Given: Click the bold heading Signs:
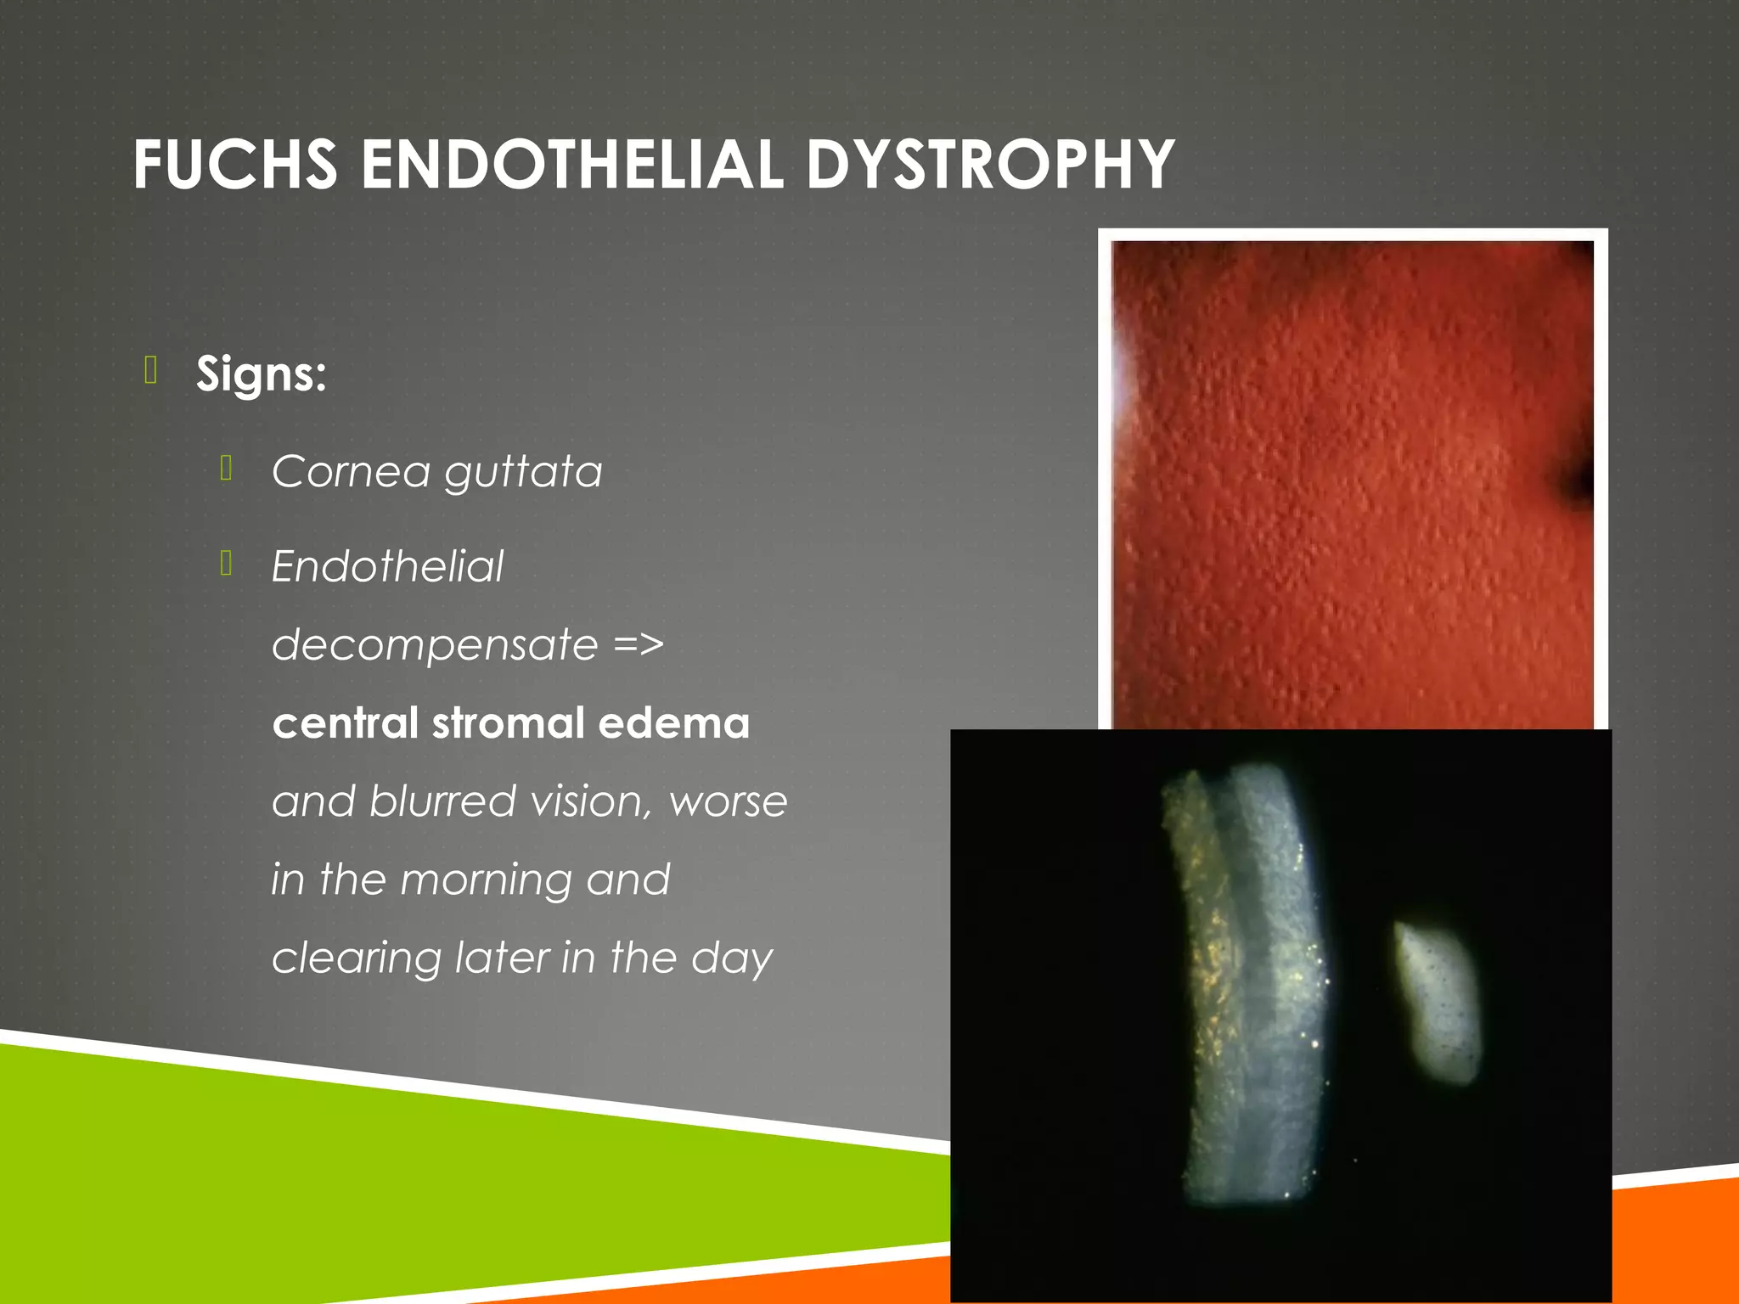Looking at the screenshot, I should coord(261,374).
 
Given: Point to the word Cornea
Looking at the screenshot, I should coord(351,471).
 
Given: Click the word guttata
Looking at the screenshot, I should coord(523,473).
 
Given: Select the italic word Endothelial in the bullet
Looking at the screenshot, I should coord(387,566).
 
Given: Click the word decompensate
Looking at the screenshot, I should coord(435,646).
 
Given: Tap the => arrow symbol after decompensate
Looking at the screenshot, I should coord(639,644).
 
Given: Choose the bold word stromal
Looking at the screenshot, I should coord(506,723).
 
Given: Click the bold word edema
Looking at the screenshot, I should coord(673,723).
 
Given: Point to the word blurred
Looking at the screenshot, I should coord(442,801).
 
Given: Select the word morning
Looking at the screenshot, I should coord(486,880).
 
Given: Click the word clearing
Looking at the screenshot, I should coord(357,958).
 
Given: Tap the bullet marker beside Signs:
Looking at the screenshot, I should coord(151,371).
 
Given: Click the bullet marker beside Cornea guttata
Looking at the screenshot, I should coord(226,468).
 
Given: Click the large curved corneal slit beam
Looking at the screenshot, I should coord(1248,985).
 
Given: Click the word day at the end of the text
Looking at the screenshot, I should coord(731,958).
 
